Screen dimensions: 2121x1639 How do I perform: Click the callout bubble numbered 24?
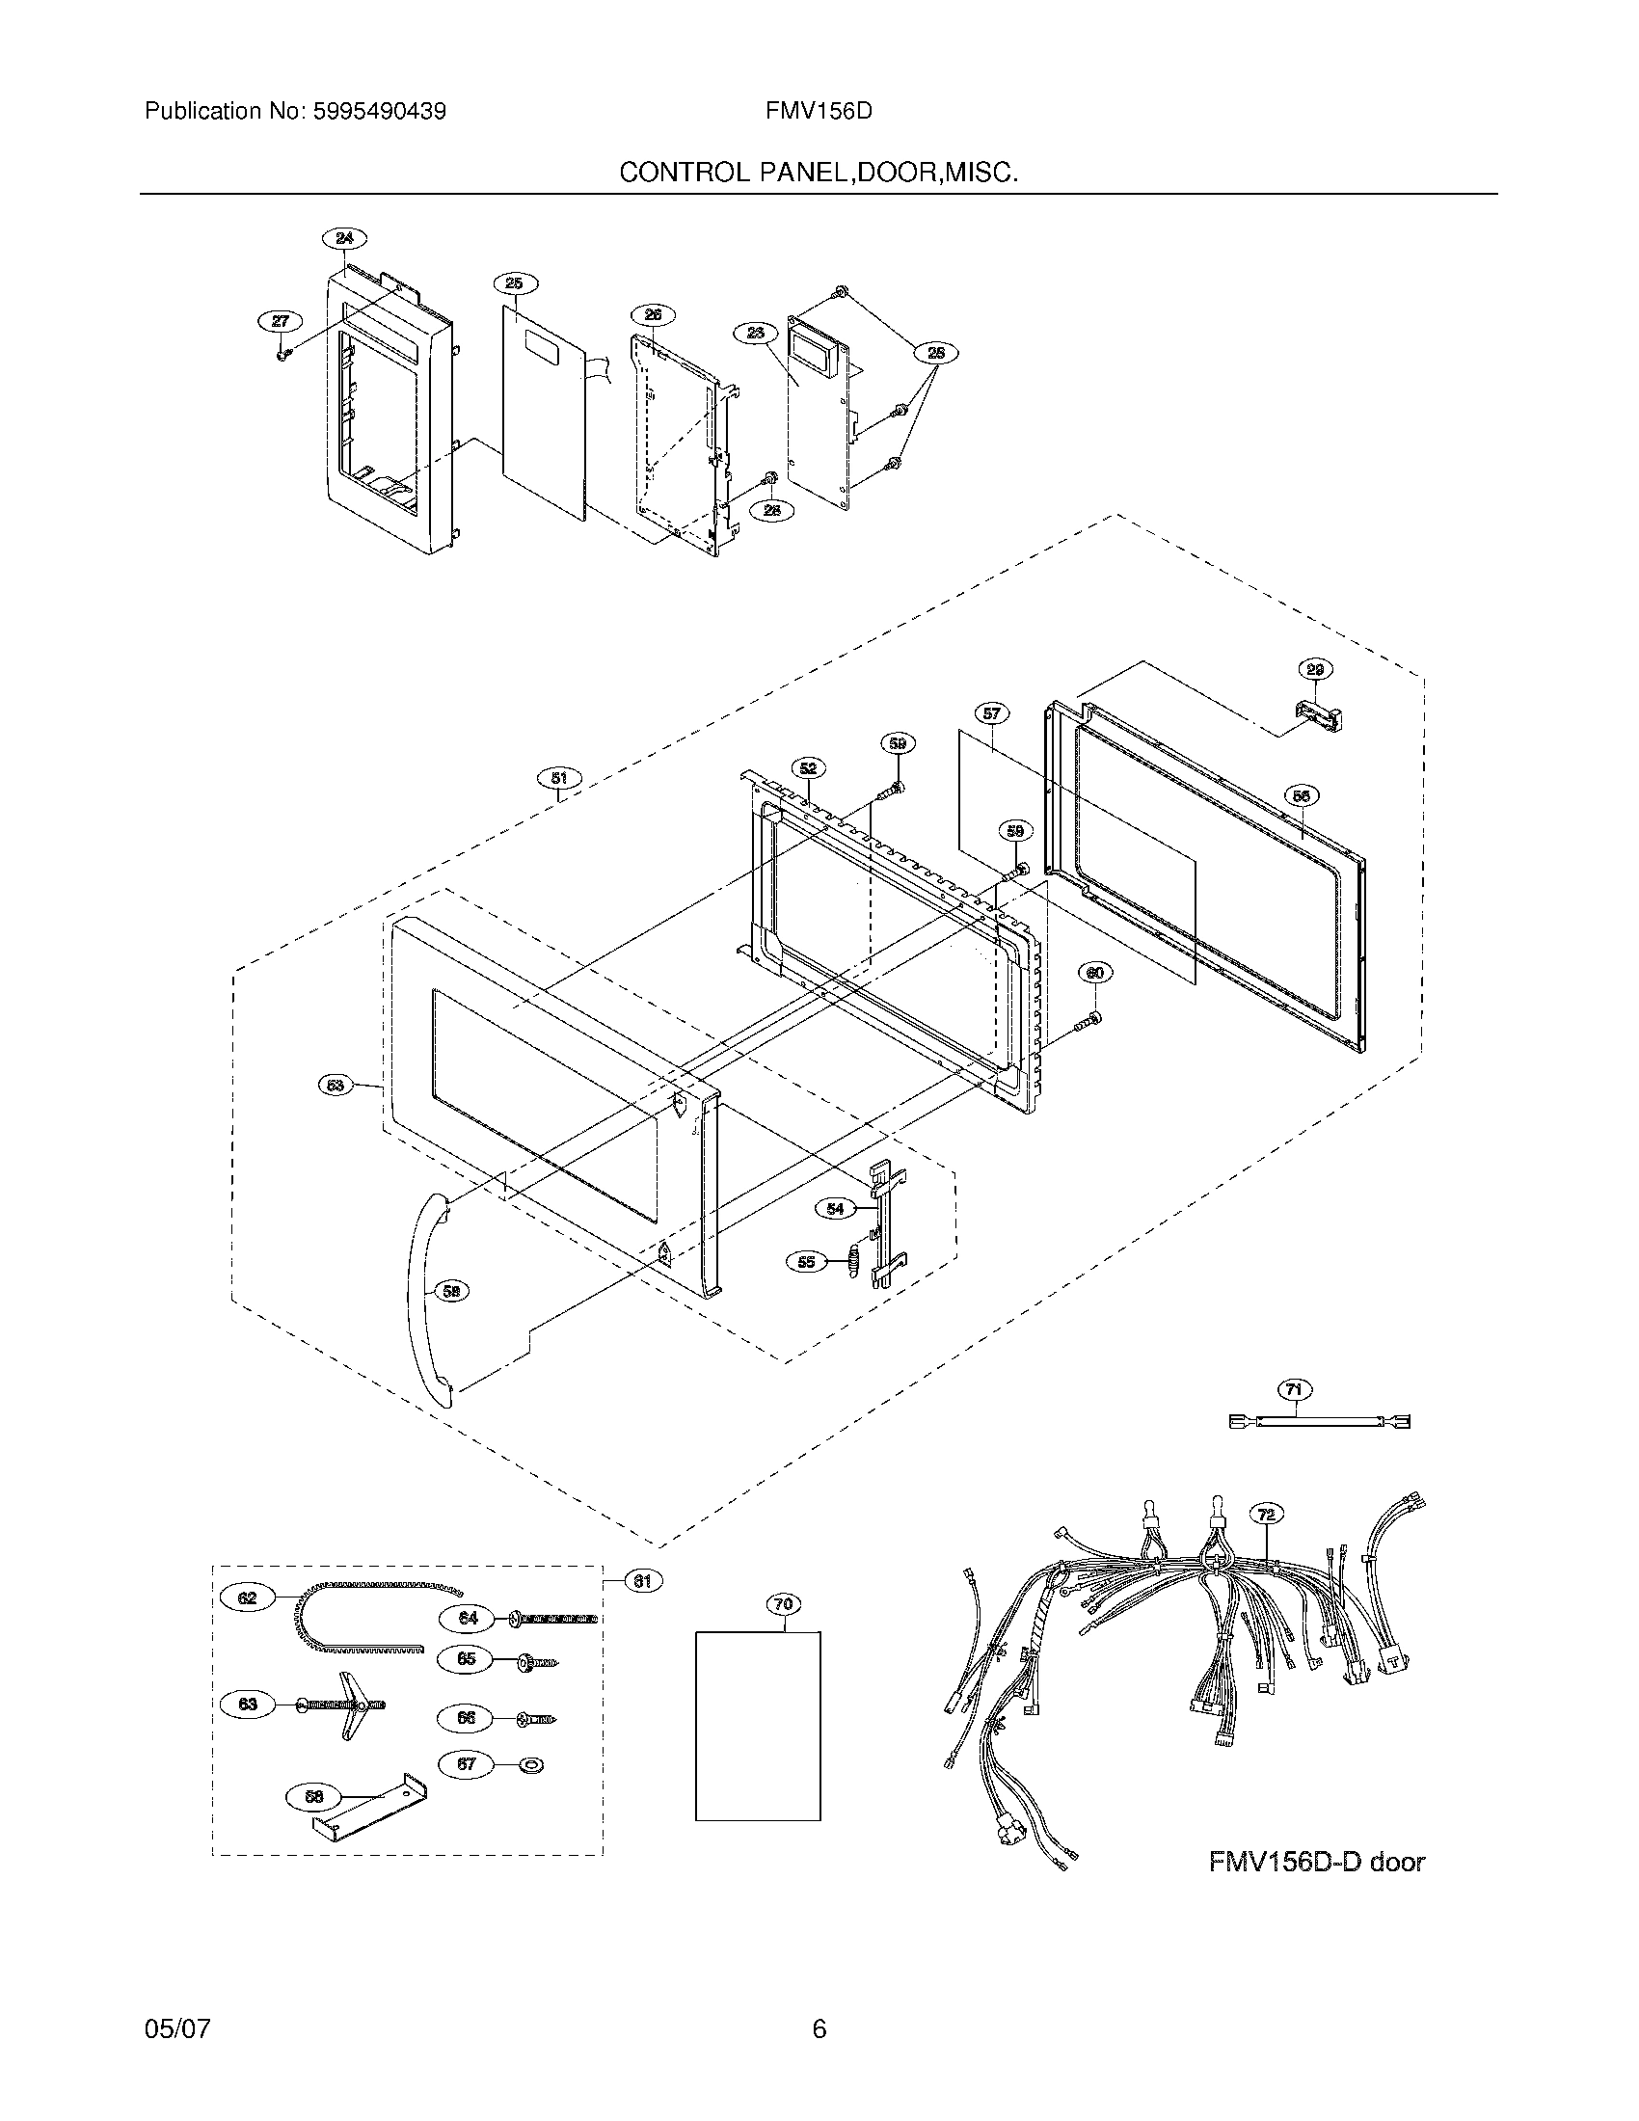pyautogui.click(x=345, y=238)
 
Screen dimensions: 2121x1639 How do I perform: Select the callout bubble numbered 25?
pyautogui.click(x=515, y=283)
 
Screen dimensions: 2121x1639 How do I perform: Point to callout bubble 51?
pyautogui.click(x=559, y=778)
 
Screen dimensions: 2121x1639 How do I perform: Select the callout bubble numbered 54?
pyautogui.click(x=835, y=1208)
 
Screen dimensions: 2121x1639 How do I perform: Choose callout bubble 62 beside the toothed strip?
pyautogui.click(x=248, y=1597)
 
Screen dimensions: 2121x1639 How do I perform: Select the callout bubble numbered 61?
pyautogui.click(x=642, y=1581)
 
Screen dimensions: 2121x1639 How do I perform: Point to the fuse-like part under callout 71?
pyautogui.click(x=1320, y=1422)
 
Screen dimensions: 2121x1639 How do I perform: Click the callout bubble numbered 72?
pyautogui.click(x=1265, y=1514)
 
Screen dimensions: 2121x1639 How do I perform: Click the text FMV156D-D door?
pyautogui.click(x=1316, y=1862)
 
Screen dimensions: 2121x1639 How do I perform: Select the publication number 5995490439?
pyautogui.click(x=379, y=111)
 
